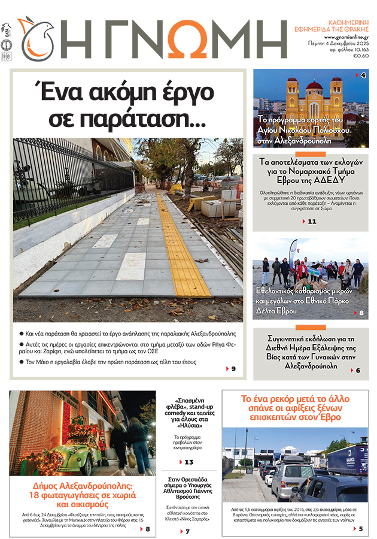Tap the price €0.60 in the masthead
[361, 56]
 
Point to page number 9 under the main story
[233, 368]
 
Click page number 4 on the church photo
[363, 75]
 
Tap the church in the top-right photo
[314, 99]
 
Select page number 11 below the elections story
[311, 222]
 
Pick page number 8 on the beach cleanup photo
[361, 313]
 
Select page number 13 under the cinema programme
[188, 462]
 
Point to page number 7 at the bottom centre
[187, 531]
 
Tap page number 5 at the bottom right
[361, 528]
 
